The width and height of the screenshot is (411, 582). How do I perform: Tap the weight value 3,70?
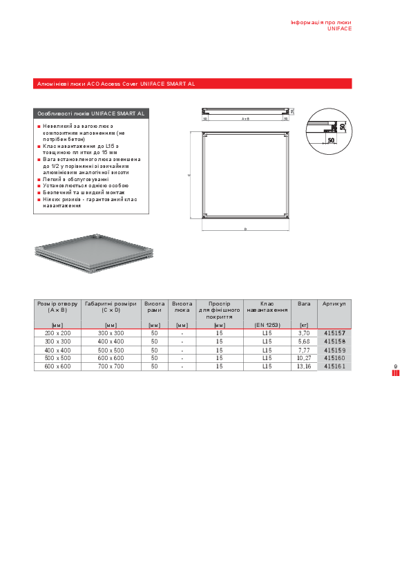[304, 333]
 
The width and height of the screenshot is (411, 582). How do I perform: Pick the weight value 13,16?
[304, 366]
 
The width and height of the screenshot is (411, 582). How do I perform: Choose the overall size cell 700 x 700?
[111, 366]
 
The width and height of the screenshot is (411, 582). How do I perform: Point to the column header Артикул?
[334, 303]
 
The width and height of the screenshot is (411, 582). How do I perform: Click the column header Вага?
[304, 303]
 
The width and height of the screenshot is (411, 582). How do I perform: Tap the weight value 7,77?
[304, 350]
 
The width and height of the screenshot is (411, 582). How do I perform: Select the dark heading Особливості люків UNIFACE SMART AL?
[90, 113]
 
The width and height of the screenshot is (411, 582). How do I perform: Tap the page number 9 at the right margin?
[396, 366]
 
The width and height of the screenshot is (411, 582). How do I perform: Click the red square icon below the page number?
[396, 373]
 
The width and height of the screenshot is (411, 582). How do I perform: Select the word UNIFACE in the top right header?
[339, 29]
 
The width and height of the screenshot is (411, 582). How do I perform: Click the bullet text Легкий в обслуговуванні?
[75, 179]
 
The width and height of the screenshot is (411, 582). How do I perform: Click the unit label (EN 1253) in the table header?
[267, 325]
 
